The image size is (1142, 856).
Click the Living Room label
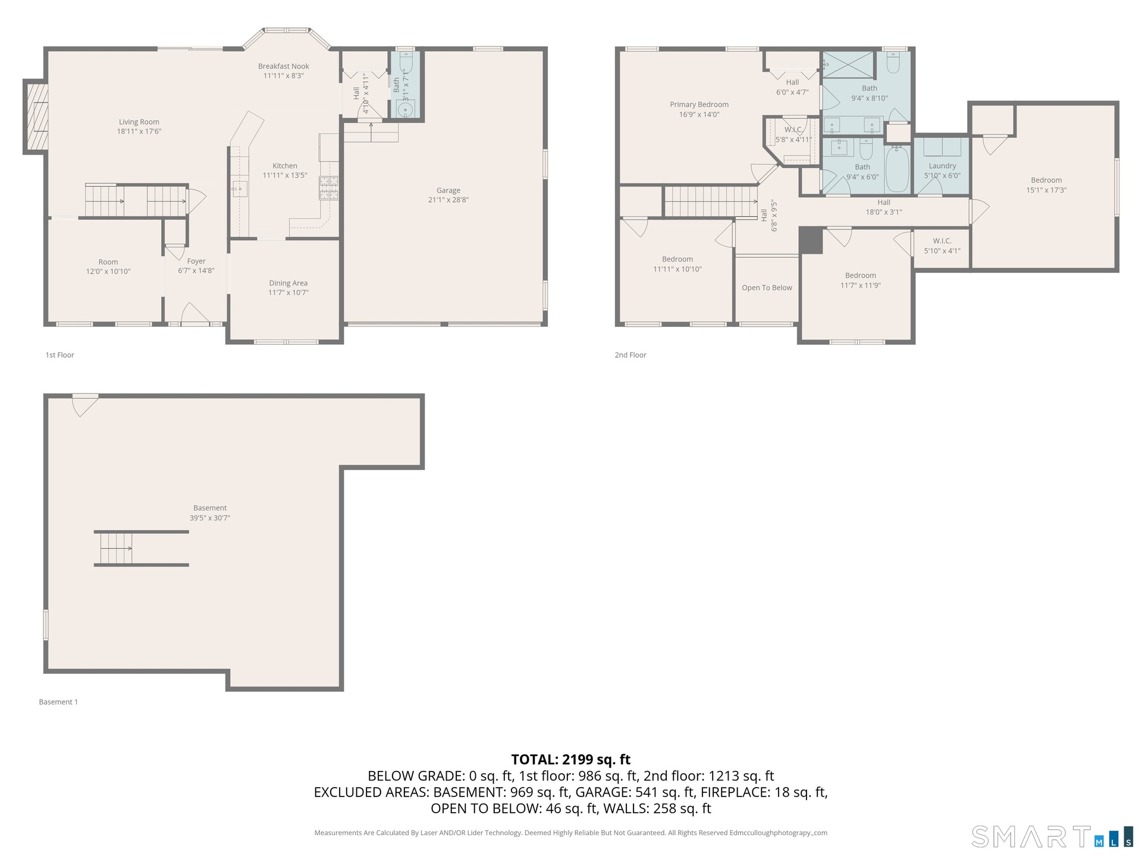point(139,122)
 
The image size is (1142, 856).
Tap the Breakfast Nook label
point(284,66)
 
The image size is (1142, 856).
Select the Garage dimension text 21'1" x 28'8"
point(448,200)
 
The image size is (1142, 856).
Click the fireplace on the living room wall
point(35,117)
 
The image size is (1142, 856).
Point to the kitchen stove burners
point(329,188)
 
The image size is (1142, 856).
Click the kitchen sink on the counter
point(239,188)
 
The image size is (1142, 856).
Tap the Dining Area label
point(288,283)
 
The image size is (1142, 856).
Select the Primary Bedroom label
point(699,105)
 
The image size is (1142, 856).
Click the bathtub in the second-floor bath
point(897,169)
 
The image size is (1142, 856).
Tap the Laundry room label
point(942,166)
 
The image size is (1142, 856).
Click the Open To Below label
point(767,288)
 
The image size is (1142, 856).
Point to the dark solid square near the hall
point(811,240)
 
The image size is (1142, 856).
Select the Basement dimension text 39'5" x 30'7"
point(210,518)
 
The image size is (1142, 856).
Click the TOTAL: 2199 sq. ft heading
point(571,759)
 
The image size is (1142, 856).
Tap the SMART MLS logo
point(1052,836)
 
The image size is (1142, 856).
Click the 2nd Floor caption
point(630,355)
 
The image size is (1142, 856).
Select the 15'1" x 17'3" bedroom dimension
point(1046,190)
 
